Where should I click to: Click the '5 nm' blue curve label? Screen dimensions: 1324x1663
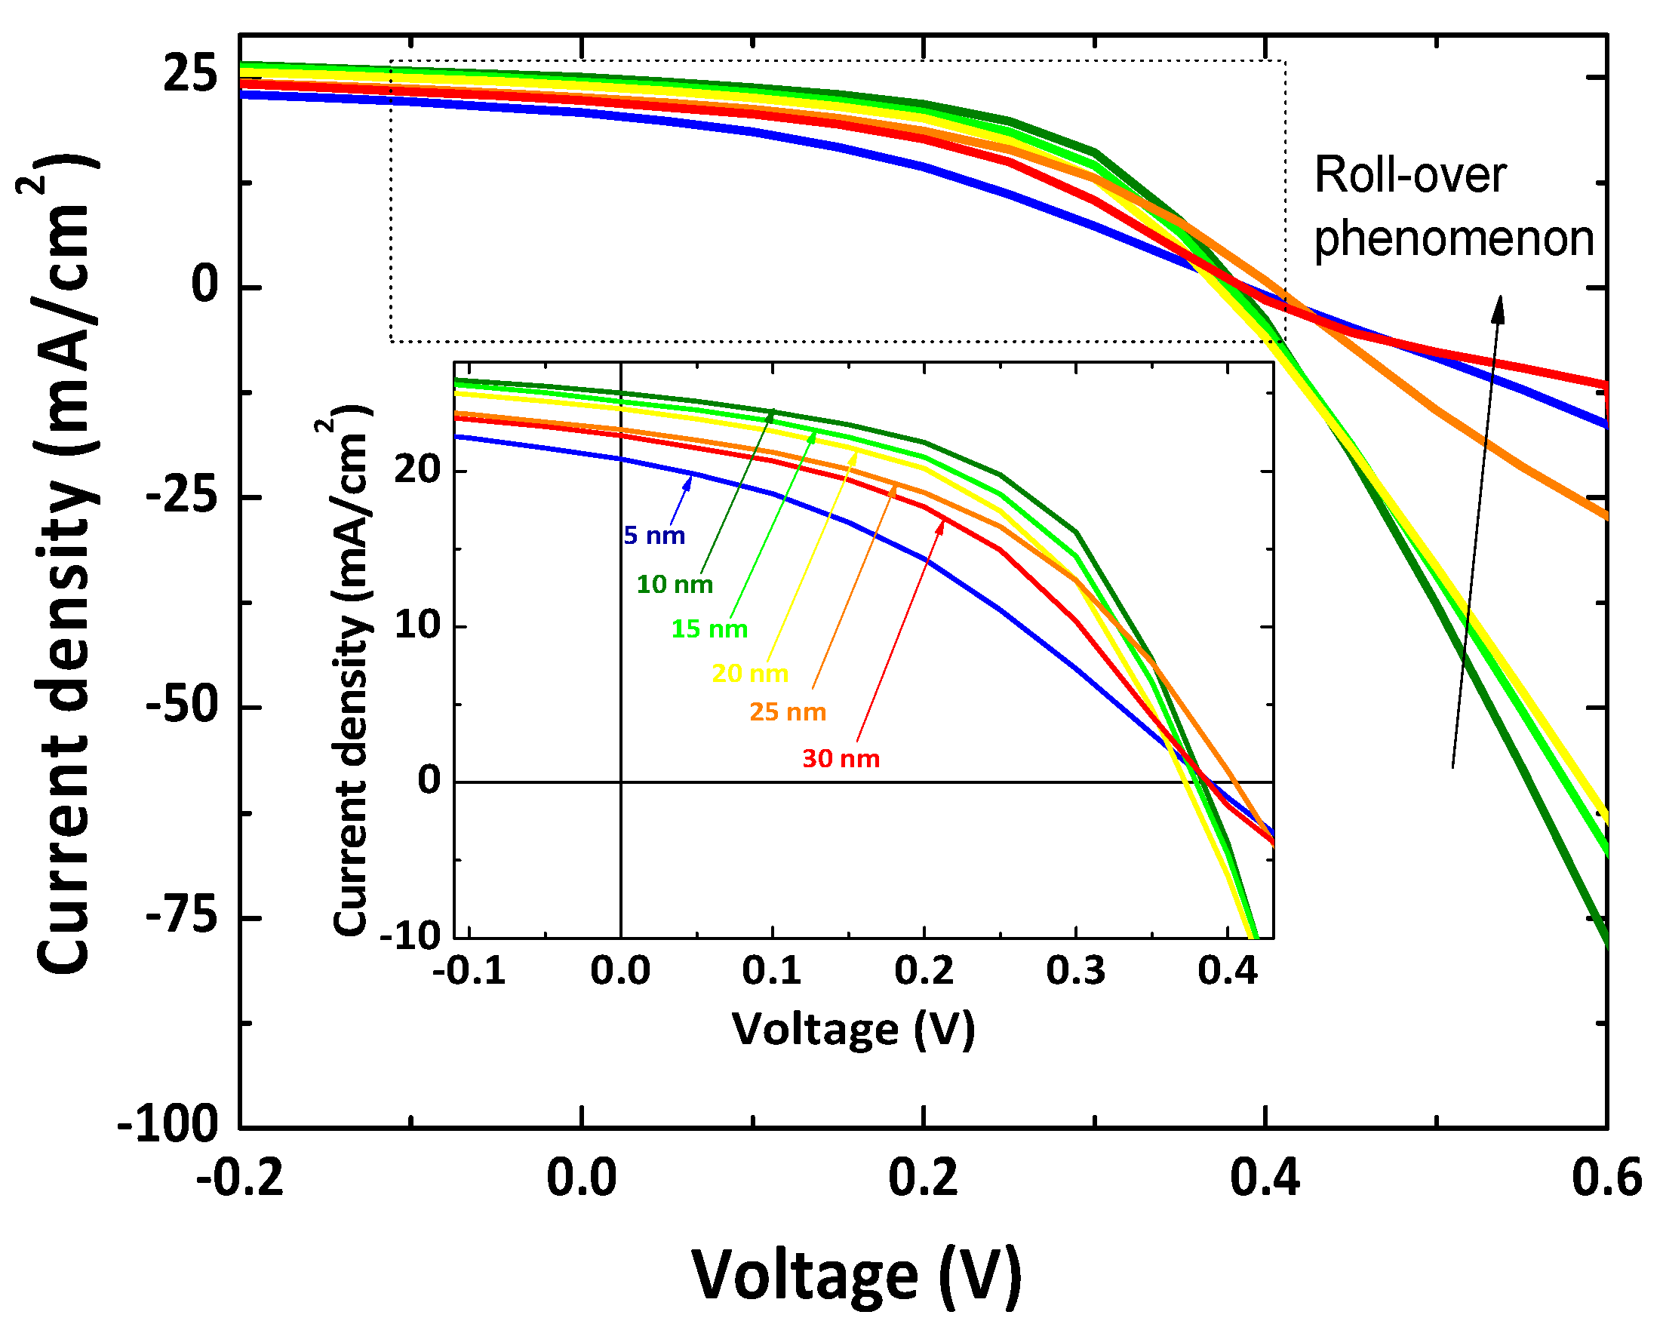(654, 535)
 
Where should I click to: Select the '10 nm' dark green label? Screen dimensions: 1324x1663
(674, 584)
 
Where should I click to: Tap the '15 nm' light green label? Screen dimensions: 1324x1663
(709, 628)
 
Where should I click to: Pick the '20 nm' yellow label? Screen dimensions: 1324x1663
(750, 673)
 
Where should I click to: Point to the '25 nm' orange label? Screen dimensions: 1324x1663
(788, 711)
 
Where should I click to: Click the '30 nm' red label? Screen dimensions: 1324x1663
(841, 758)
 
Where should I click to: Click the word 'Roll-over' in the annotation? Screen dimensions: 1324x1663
(1409, 176)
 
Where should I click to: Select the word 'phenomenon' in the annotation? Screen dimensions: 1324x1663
(1453, 239)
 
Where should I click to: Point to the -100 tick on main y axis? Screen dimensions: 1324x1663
(168, 1125)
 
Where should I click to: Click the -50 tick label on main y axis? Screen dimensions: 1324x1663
(182, 705)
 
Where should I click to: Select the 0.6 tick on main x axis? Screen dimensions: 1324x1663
(1606, 1178)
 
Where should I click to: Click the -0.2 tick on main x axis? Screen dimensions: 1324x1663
(240, 1178)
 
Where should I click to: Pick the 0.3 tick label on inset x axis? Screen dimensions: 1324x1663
(1075, 970)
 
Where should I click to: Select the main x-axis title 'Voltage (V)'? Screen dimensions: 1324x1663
(856, 1275)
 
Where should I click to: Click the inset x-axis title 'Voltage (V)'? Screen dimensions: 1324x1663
(853, 1029)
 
